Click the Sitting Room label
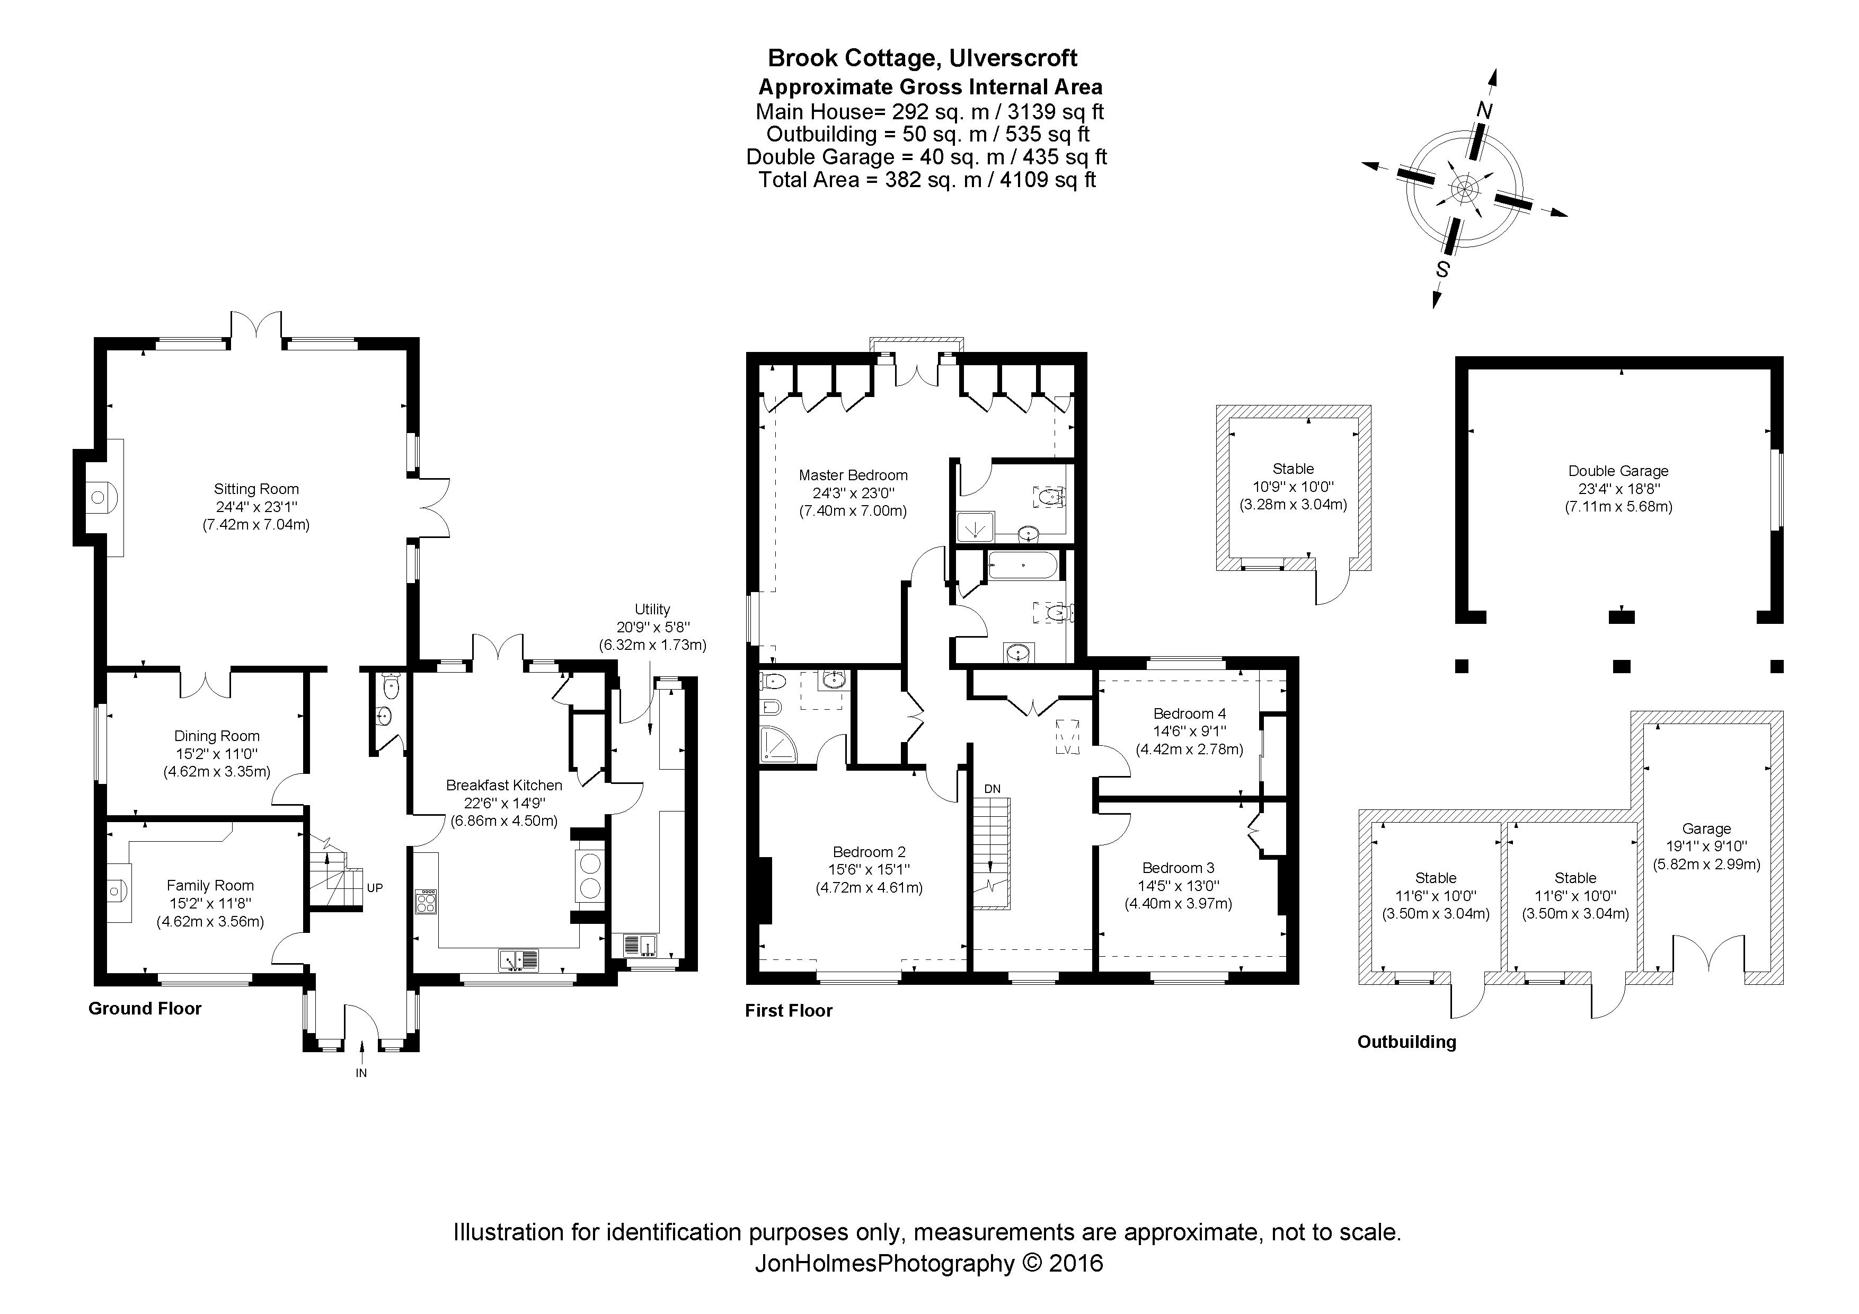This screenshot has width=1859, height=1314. tap(256, 489)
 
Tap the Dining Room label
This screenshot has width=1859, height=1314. tap(217, 736)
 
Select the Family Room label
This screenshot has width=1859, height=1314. tap(210, 886)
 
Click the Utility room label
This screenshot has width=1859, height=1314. tap(652, 610)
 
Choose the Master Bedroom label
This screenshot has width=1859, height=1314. tap(853, 475)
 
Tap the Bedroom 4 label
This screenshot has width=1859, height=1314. tap(1189, 713)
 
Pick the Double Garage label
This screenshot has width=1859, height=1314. tap(1618, 471)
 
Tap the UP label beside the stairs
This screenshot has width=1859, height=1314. tap(374, 887)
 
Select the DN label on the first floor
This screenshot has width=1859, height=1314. tap(992, 789)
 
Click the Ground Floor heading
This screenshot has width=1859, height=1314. tap(145, 1009)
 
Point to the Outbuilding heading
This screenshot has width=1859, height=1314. tap(1406, 1042)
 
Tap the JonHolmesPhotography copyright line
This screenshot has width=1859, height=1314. tap(928, 1263)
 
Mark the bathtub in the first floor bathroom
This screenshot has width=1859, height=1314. tap(1023, 565)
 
